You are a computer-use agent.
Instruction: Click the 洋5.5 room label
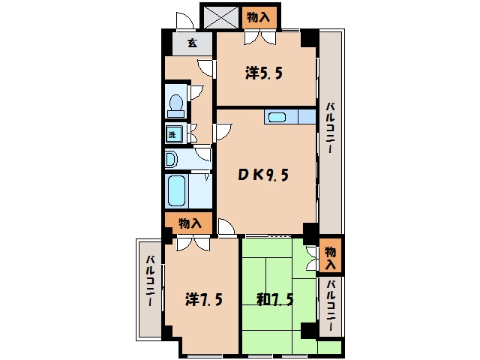pyautogui.click(x=263, y=73)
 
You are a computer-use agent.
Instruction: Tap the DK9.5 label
pyautogui.click(x=263, y=175)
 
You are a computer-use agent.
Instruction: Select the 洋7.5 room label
pyautogui.click(x=204, y=299)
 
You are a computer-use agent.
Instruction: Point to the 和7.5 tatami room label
pyautogui.click(x=275, y=299)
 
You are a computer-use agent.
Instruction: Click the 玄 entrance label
pyautogui.click(x=192, y=43)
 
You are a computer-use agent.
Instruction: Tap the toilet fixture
pyautogui.click(x=175, y=106)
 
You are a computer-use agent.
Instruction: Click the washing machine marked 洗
pyautogui.click(x=173, y=134)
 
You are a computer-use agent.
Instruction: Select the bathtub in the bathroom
pyautogui.click(x=177, y=190)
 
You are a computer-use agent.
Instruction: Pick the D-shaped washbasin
pyautogui.click(x=172, y=159)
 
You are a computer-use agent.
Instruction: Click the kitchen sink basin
pyautogui.click(x=277, y=117)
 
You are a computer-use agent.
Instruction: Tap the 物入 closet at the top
pyautogui.click(x=259, y=17)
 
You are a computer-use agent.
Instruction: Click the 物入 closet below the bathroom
pyautogui.click(x=190, y=223)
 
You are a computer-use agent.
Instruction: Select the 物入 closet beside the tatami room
pyautogui.click(x=330, y=256)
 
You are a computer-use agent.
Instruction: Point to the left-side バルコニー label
pyautogui.click(x=150, y=280)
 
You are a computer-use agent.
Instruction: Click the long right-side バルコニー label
pyautogui.click(x=330, y=128)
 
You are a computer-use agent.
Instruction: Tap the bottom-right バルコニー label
pyautogui.click(x=330, y=305)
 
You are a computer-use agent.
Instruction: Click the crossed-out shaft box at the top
pyautogui.click(x=221, y=17)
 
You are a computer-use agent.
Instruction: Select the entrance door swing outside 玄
pyautogui.click(x=184, y=21)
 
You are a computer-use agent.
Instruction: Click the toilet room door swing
pyautogui.click(x=196, y=92)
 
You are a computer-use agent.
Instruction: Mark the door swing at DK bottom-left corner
pyautogui.click(x=226, y=226)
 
